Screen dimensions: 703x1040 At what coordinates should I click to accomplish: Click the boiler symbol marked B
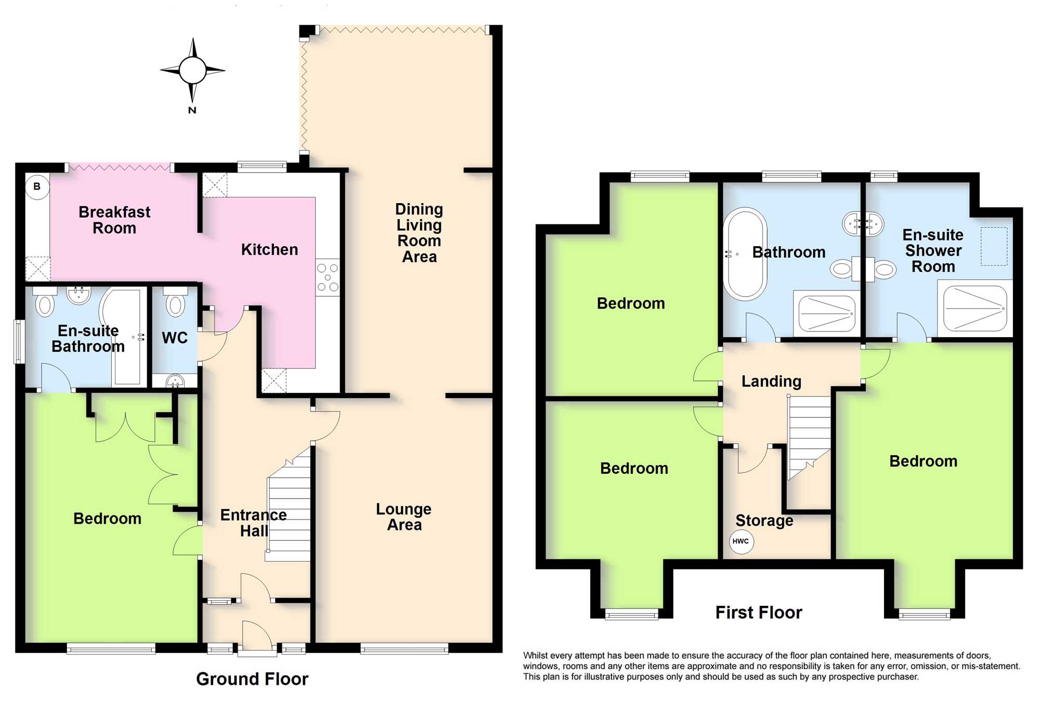(x=37, y=187)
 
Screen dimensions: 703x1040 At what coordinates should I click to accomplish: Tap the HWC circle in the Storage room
(x=740, y=541)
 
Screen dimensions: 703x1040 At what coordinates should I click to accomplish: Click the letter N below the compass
(x=192, y=110)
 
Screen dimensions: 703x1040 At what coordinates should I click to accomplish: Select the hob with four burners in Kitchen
(x=328, y=277)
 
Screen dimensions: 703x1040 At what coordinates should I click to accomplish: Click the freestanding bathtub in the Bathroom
(x=745, y=254)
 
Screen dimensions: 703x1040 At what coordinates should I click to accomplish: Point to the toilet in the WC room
(x=175, y=305)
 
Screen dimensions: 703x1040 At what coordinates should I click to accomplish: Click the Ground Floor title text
(x=252, y=679)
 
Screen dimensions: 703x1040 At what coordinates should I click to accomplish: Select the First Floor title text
(x=759, y=612)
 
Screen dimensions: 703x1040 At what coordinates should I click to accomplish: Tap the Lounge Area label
(x=404, y=516)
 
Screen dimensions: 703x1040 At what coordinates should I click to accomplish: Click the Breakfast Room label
(x=114, y=220)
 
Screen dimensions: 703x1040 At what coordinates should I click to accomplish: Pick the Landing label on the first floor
(x=771, y=381)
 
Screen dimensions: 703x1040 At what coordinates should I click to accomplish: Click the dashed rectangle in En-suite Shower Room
(x=994, y=246)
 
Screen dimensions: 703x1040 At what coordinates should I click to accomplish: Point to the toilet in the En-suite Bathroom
(x=45, y=303)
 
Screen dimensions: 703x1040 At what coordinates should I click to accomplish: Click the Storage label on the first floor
(x=764, y=520)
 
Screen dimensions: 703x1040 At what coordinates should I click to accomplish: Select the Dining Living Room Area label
(x=419, y=233)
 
